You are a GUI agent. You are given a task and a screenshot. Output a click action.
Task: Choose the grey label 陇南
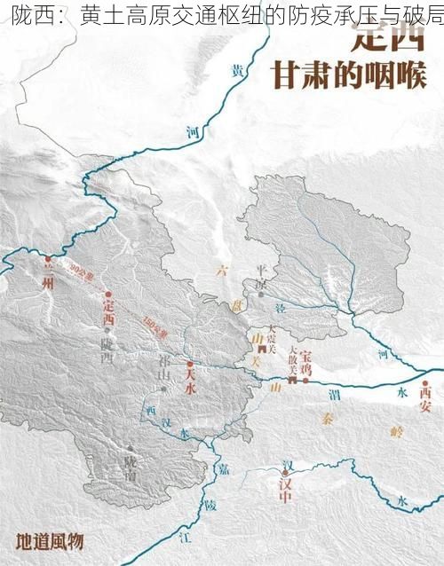131,461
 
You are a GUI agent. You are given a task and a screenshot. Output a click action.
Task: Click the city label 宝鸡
307,366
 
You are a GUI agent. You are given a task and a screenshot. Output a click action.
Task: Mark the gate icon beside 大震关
262,350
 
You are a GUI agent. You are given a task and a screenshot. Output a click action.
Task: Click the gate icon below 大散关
293,379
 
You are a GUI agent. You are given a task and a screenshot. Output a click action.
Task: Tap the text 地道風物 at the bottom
50,540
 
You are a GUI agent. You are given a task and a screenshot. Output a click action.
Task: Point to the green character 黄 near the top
236,70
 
